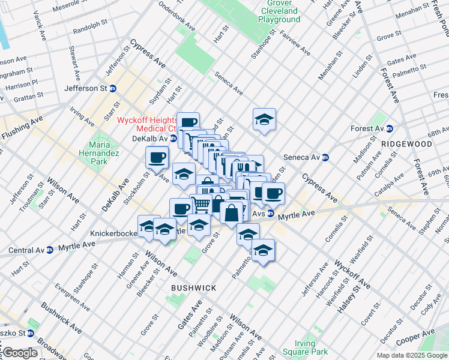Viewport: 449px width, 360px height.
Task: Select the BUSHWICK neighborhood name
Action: pyautogui.click(x=193, y=288)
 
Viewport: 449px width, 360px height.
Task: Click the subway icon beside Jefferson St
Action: pyautogui.click(x=113, y=88)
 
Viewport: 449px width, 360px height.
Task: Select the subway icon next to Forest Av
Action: pyautogui.click(x=389, y=128)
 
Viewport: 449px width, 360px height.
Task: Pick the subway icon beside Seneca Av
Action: pyautogui.click(x=325, y=158)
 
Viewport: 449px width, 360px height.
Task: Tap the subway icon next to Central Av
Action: pyautogui.click(x=50, y=249)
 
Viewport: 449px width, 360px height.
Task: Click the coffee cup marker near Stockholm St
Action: pyautogui.click(x=157, y=158)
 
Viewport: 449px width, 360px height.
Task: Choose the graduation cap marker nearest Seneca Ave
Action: pyautogui.click(x=264, y=119)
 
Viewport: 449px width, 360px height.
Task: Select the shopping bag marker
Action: pyautogui.click(x=232, y=212)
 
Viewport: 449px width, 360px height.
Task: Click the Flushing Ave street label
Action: pyautogui.click(x=22, y=129)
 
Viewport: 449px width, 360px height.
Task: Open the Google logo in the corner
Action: pyautogui.click(x=20, y=353)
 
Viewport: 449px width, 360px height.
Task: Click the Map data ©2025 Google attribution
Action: pyautogui.click(x=412, y=355)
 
